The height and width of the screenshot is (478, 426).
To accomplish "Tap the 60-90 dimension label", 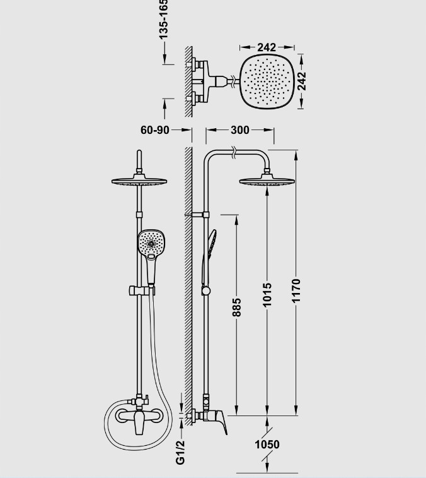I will tap(155, 130).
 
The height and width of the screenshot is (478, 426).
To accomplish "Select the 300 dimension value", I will tap(239, 130).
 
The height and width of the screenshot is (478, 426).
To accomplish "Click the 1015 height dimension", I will tap(267, 295).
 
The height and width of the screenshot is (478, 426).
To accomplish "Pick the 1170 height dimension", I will tap(296, 290).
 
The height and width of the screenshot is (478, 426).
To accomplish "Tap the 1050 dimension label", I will tap(267, 445).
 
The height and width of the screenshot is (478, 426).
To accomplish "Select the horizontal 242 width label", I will tap(267, 47).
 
